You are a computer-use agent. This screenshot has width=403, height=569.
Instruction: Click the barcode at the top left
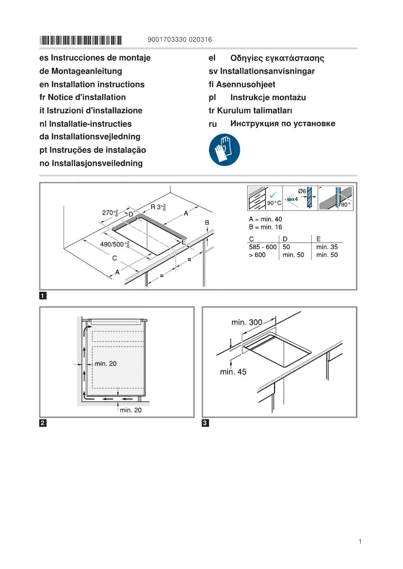pos(81,40)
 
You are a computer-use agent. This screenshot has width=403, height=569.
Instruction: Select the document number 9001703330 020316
pos(180,40)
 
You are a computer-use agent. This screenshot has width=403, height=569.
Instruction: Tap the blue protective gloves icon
pos(224,150)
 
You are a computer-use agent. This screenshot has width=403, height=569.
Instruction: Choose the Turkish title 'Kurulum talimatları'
pos(254,111)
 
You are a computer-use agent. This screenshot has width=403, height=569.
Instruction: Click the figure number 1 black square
pos(43,296)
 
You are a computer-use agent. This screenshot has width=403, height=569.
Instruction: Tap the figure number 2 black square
pos(43,423)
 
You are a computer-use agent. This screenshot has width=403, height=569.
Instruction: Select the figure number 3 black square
pos(205,423)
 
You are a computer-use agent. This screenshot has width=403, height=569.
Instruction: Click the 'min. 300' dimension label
pos(246,322)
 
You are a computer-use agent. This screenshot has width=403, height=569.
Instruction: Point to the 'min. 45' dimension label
pos(233,372)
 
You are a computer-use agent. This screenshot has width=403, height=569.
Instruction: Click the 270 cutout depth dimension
pos(110,212)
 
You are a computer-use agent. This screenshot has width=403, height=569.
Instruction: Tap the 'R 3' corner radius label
pos(158,207)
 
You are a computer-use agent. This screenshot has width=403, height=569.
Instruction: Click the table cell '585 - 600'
pos(263,247)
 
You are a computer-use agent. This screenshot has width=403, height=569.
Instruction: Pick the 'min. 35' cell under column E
pos(327,247)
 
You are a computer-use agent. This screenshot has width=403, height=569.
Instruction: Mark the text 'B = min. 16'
pos(265,227)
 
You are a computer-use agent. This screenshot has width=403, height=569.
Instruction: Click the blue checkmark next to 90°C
pos(273,195)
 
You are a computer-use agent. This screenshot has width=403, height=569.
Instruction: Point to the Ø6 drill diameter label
pos(302,191)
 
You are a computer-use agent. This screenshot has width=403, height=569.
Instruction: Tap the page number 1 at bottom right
pos(360,541)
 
